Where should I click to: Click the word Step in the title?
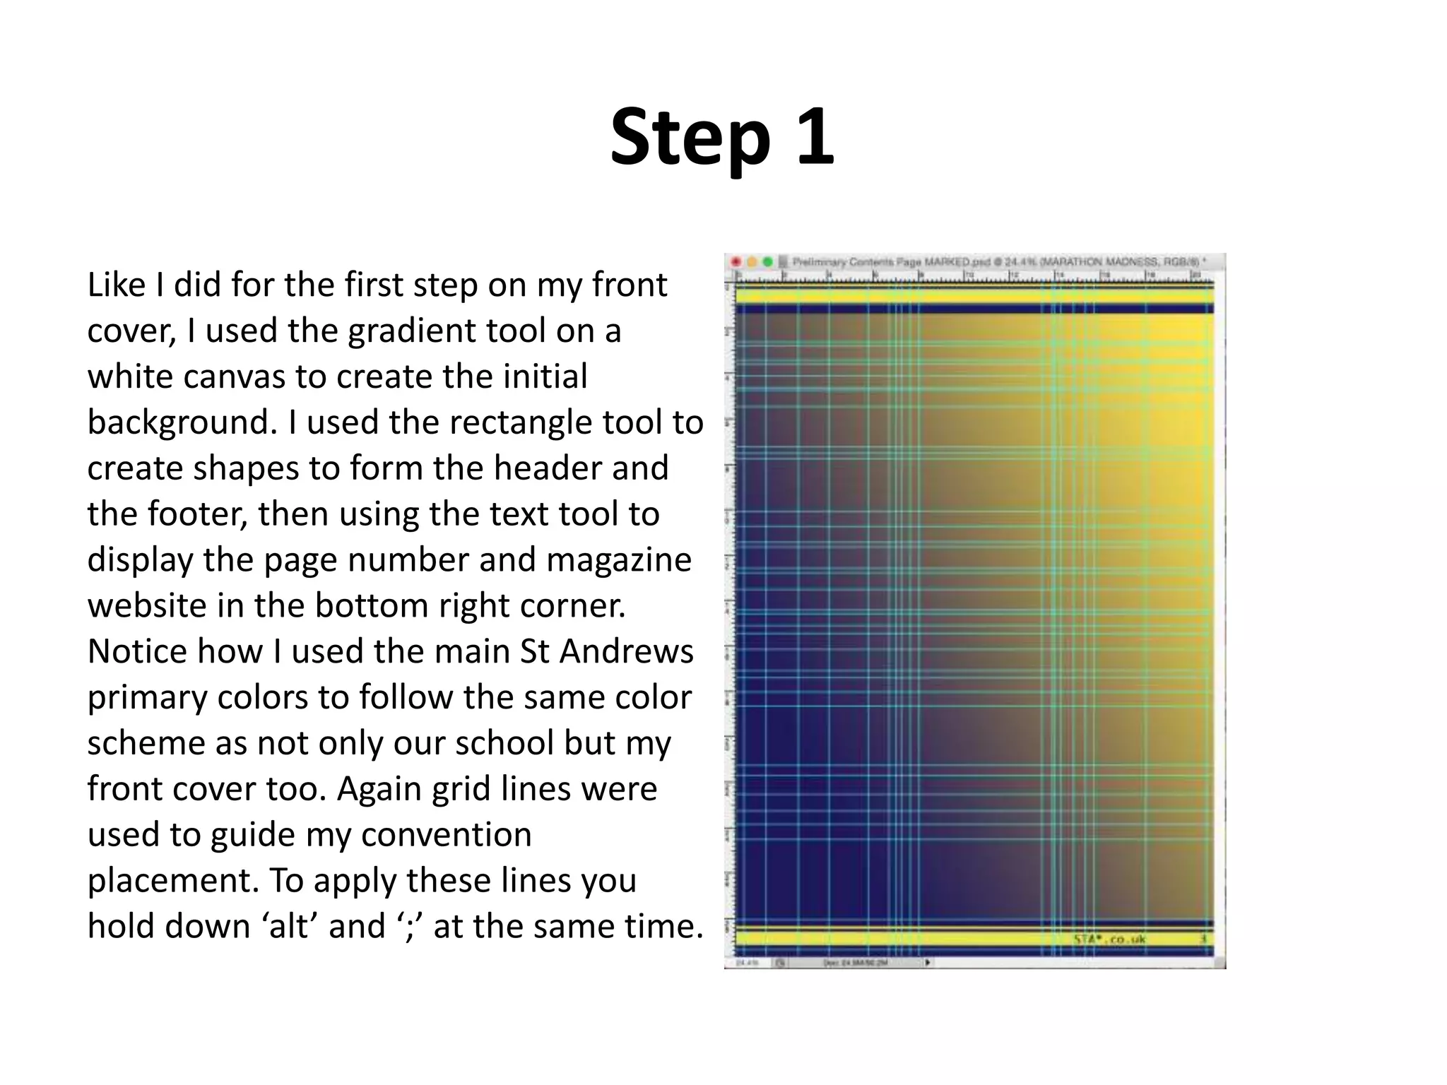pos(690,138)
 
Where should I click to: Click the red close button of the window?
pos(736,262)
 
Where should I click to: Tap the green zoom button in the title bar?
pos(768,262)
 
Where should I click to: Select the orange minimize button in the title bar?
pos(752,262)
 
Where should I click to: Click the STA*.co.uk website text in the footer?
pos(1110,939)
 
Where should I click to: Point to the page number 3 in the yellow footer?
pos(1204,939)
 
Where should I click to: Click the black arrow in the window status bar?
pos(927,962)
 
